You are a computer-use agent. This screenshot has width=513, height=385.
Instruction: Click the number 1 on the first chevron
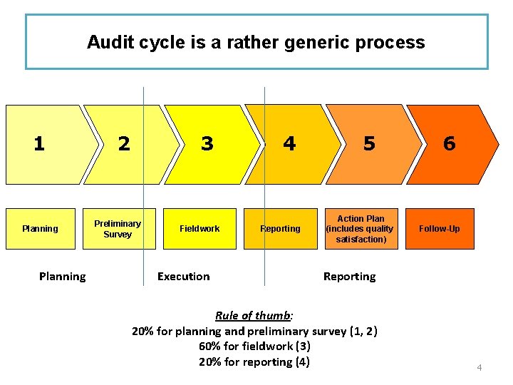pyautogui.click(x=39, y=144)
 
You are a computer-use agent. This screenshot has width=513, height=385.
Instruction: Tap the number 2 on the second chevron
pyautogui.click(x=124, y=144)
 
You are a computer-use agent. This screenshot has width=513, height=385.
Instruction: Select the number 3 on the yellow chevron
pyautogui.click(x=207, y=144)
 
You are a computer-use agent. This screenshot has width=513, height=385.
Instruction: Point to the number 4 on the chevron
pyautogui.click(x=289, y=144)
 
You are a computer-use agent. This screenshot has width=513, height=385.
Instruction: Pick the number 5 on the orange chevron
pyautogui.click(x=369, y=144)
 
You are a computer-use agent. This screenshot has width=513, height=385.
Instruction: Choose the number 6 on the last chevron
pyautogui.click(x=449, y=144)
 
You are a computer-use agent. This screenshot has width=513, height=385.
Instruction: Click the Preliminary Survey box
pyautogui.click(x=118, y=229)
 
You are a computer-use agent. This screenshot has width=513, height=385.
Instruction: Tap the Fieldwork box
pyautogui.click(x=199, y=229)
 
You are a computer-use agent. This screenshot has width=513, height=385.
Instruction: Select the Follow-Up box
pyautogui.click(x=440, y=229)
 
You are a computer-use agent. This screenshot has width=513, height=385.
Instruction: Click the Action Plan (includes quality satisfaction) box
pyautogui.click(x=361, y=229)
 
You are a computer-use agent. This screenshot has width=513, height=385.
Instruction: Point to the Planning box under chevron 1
pyautogui.click(x=40, y=229)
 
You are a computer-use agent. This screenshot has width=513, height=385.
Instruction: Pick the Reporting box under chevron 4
pyautogui.click(x=280, y=229)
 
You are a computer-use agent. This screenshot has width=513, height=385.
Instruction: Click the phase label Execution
pyautogui.click(x=184, y=277)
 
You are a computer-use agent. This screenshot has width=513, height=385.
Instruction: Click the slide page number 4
pyautogui.click(x=480, y=368)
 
